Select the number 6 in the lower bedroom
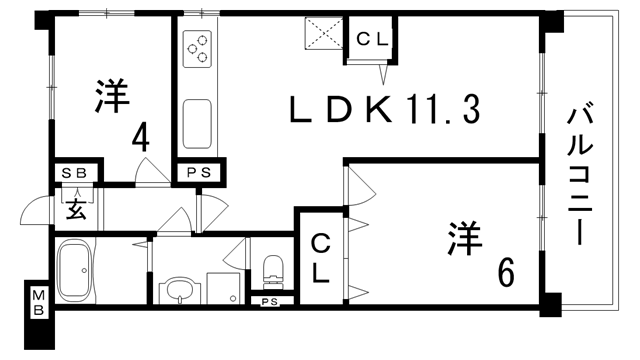click(x=506, y=271)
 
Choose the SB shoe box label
click(x=75, y=173)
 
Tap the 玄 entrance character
click(x=76, y=209)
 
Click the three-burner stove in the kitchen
click(x=196, y=47)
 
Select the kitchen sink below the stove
click(x=196, y=122)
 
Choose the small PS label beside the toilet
click(x=269, y=302)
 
